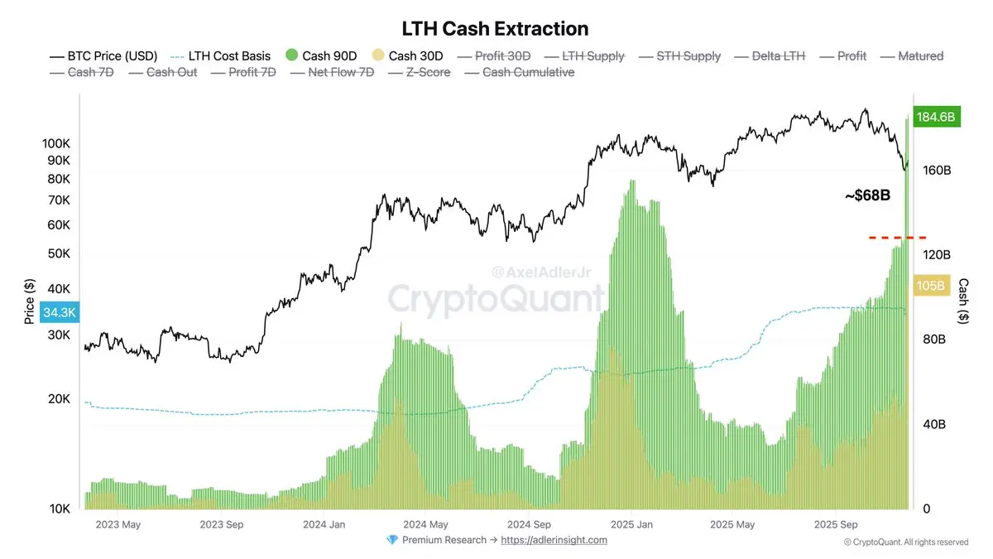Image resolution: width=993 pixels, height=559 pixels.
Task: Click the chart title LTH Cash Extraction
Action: point(495,28)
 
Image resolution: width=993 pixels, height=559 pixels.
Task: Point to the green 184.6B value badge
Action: point(935,118)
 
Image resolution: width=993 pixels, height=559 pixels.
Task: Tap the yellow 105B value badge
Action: point(931,286)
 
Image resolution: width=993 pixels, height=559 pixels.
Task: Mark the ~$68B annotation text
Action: point(866,195)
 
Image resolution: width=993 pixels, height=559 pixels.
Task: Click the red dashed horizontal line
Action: point(897,238)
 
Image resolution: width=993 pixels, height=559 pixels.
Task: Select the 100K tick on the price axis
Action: point(56,143)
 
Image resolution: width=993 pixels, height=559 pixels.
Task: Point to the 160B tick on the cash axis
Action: point(936,171)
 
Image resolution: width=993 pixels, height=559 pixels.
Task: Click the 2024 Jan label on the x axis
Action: point(324,524)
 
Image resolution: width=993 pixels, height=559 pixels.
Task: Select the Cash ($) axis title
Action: point(964,301)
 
